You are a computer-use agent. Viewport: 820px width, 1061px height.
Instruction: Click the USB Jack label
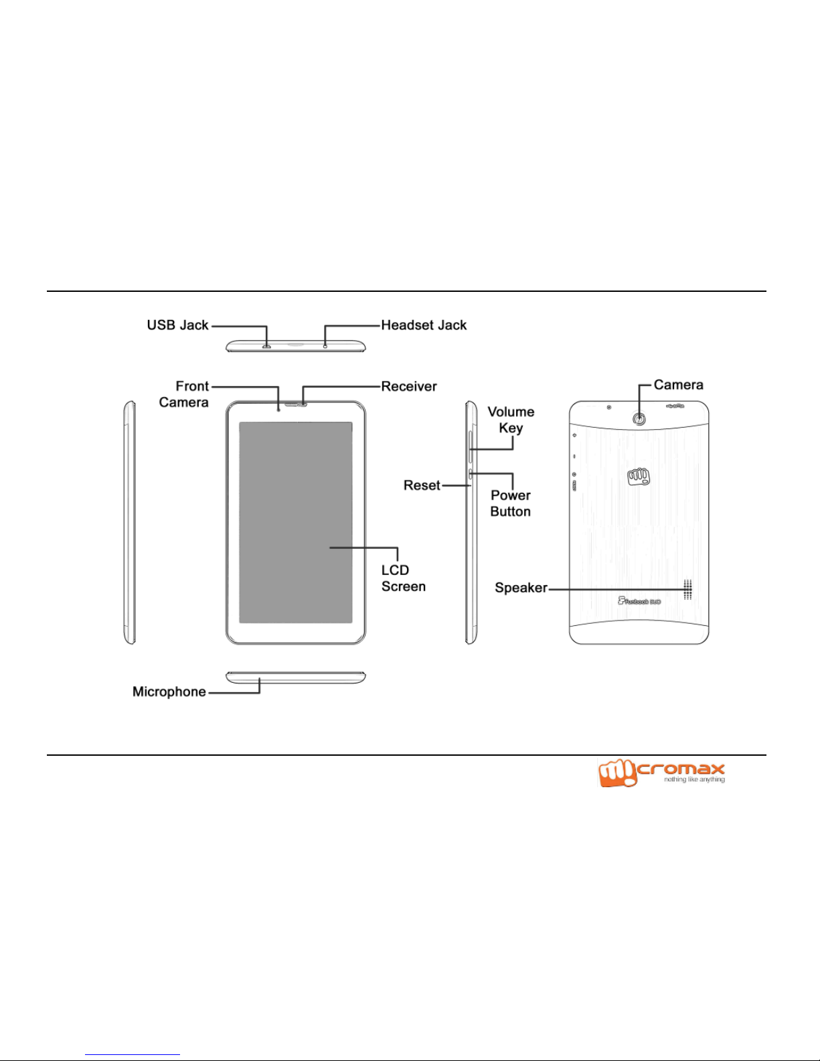coord(177,325)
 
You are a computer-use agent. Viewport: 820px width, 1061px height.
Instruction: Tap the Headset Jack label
coord(424,325)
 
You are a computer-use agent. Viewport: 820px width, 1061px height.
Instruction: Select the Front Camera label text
coord(184,394)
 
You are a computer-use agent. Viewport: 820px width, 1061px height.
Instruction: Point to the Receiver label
coord(409,386)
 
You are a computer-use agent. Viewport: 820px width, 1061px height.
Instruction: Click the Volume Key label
coord(511,420)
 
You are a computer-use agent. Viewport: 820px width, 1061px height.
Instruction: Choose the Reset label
coord(422,485)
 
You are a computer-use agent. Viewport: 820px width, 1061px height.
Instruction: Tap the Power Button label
coord(511,503)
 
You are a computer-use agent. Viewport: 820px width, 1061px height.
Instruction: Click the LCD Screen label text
coord(403,578)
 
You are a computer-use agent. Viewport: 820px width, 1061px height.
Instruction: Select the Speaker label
coord(521,588)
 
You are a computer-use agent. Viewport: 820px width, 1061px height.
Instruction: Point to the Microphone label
coord(169,691)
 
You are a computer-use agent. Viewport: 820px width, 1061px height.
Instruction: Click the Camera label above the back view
coord(678,385)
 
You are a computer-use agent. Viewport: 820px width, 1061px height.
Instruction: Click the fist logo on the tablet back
coord(639,477)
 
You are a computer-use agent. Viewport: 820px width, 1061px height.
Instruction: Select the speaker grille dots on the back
coord(687,589)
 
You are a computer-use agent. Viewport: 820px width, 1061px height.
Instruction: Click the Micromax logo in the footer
coord(661,773)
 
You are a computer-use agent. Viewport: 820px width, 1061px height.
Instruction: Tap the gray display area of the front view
coord(295,522)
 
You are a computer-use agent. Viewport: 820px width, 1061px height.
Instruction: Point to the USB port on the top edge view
coord(266,347)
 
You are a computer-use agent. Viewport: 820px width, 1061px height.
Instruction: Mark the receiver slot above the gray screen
coord(296,404)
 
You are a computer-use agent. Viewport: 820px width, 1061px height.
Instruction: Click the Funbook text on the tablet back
coord(640,601)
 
